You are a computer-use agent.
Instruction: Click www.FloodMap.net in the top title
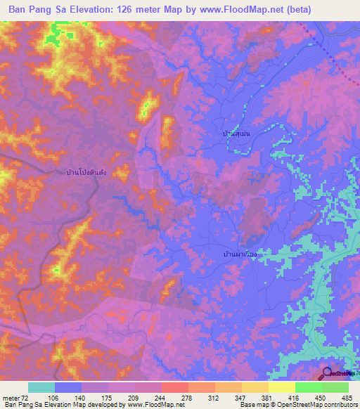(x=233, y=10)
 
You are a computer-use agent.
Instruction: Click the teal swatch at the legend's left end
(x=41, y=387)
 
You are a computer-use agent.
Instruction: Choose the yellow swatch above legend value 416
(x=282, y=387)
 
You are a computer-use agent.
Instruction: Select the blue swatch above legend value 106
(x=68, y=387)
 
